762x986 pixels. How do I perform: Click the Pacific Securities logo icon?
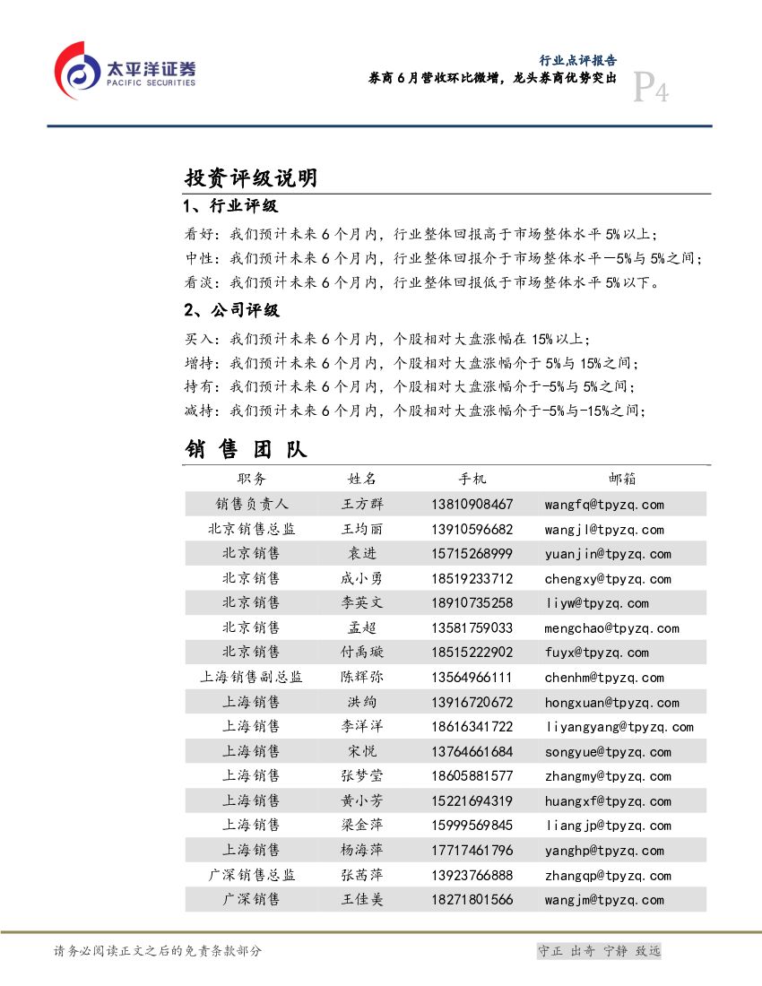point(77,69)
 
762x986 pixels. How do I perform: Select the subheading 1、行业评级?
point(230,206)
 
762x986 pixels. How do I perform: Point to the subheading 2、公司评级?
point(231,310)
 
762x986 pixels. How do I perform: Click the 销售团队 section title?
point(246,448)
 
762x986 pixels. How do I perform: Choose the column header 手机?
point(472,479)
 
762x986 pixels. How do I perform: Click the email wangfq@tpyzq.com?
point(604,505)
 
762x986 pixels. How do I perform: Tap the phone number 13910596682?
point(472,530)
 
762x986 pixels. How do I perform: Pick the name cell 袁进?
point(362,554)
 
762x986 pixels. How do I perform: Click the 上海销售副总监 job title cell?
point(251,678)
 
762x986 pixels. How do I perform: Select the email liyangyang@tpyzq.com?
point(619,727)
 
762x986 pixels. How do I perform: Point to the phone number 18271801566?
point(472,900)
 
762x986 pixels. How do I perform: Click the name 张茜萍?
point(362,875)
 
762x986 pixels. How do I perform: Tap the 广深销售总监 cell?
point(251,875)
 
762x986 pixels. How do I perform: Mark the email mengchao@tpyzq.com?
point(611,628)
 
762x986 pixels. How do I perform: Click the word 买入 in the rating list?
point(200,340)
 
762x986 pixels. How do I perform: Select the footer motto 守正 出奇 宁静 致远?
point(598,951)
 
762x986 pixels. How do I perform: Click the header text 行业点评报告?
point(577,61)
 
